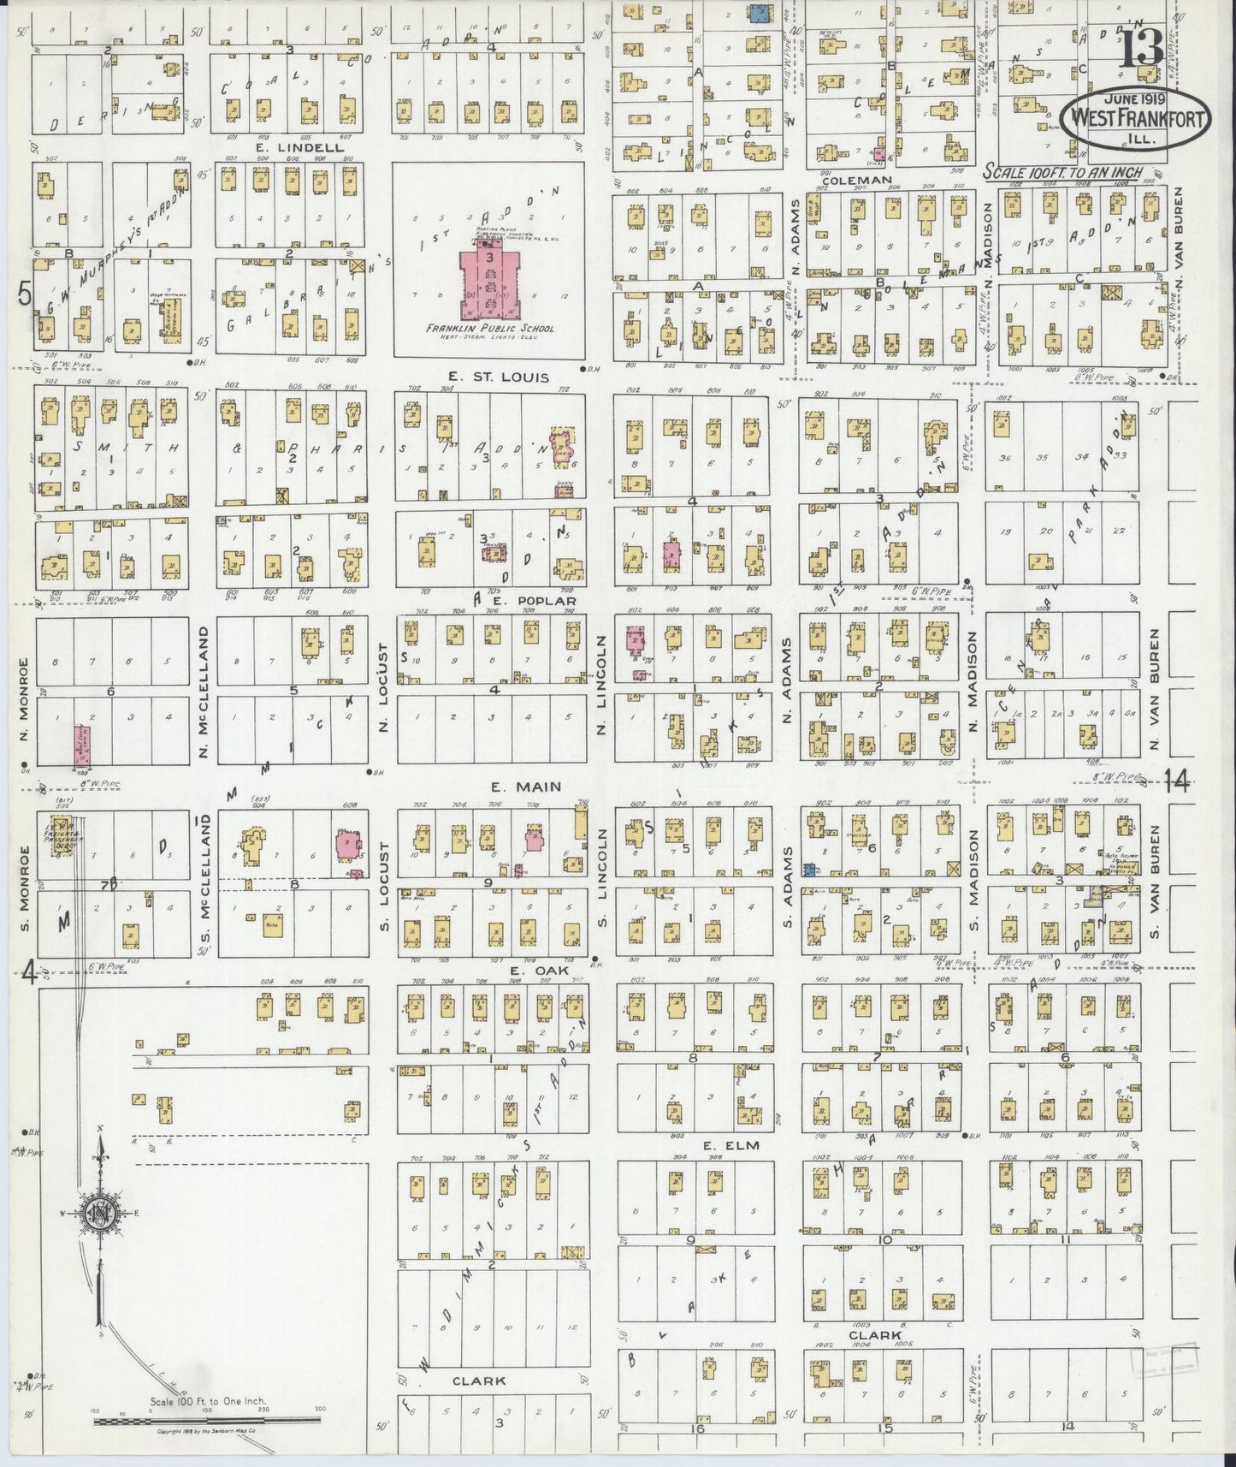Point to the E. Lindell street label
287,147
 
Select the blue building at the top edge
758,12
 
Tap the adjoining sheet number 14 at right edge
1180,781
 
